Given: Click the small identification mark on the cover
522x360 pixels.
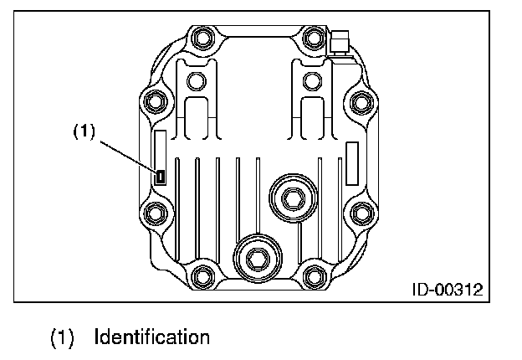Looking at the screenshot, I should pos(161,176).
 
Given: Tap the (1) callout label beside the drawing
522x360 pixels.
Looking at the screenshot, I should pos(84,131).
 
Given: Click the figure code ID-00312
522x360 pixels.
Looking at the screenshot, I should pos(447,290).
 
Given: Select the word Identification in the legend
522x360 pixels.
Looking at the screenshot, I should pos(151,338).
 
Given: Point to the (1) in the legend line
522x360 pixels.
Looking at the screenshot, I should pos(64,338).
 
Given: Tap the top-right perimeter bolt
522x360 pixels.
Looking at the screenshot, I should pos(314,39).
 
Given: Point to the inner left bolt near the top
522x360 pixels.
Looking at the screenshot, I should pos(196,81).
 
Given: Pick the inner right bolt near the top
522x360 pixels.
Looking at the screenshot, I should pos(311,81).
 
